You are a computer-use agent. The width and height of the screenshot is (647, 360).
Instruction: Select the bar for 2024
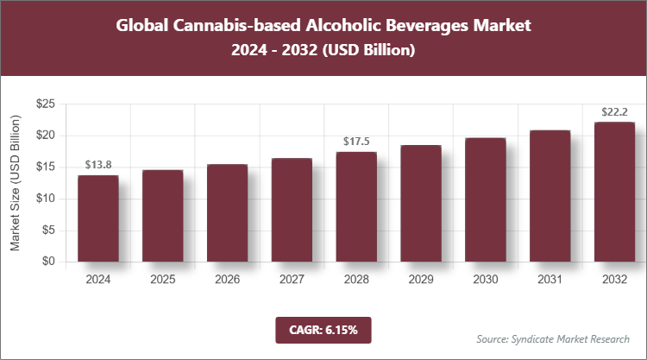[97, 218]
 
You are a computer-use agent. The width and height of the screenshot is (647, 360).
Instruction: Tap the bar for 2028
[355, 207]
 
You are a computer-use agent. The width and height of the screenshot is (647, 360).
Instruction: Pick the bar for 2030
[485, 200]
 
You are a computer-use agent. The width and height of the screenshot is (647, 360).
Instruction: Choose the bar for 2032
[614, 192]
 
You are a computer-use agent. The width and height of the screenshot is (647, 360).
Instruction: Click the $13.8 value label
[97, 164]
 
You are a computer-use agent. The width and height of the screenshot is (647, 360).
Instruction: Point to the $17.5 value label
[355, 141]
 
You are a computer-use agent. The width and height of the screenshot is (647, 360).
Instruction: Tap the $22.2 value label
[614, 111]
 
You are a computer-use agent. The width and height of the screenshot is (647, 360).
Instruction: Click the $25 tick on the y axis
[46, 104]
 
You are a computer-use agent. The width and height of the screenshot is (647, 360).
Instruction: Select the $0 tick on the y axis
[49, 262]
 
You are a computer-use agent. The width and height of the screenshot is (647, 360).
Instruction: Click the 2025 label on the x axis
[162, 280]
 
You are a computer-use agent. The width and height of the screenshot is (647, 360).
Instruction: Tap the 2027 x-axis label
[292, 280]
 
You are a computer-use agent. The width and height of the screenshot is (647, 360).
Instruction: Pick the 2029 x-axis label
[420, 280]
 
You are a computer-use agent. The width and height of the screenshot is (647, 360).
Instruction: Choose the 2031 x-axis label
[550, 280]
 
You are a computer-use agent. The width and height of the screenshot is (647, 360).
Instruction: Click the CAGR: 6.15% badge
[323, 329]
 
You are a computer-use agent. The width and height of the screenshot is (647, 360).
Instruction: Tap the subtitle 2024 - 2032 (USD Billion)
[323, 51]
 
